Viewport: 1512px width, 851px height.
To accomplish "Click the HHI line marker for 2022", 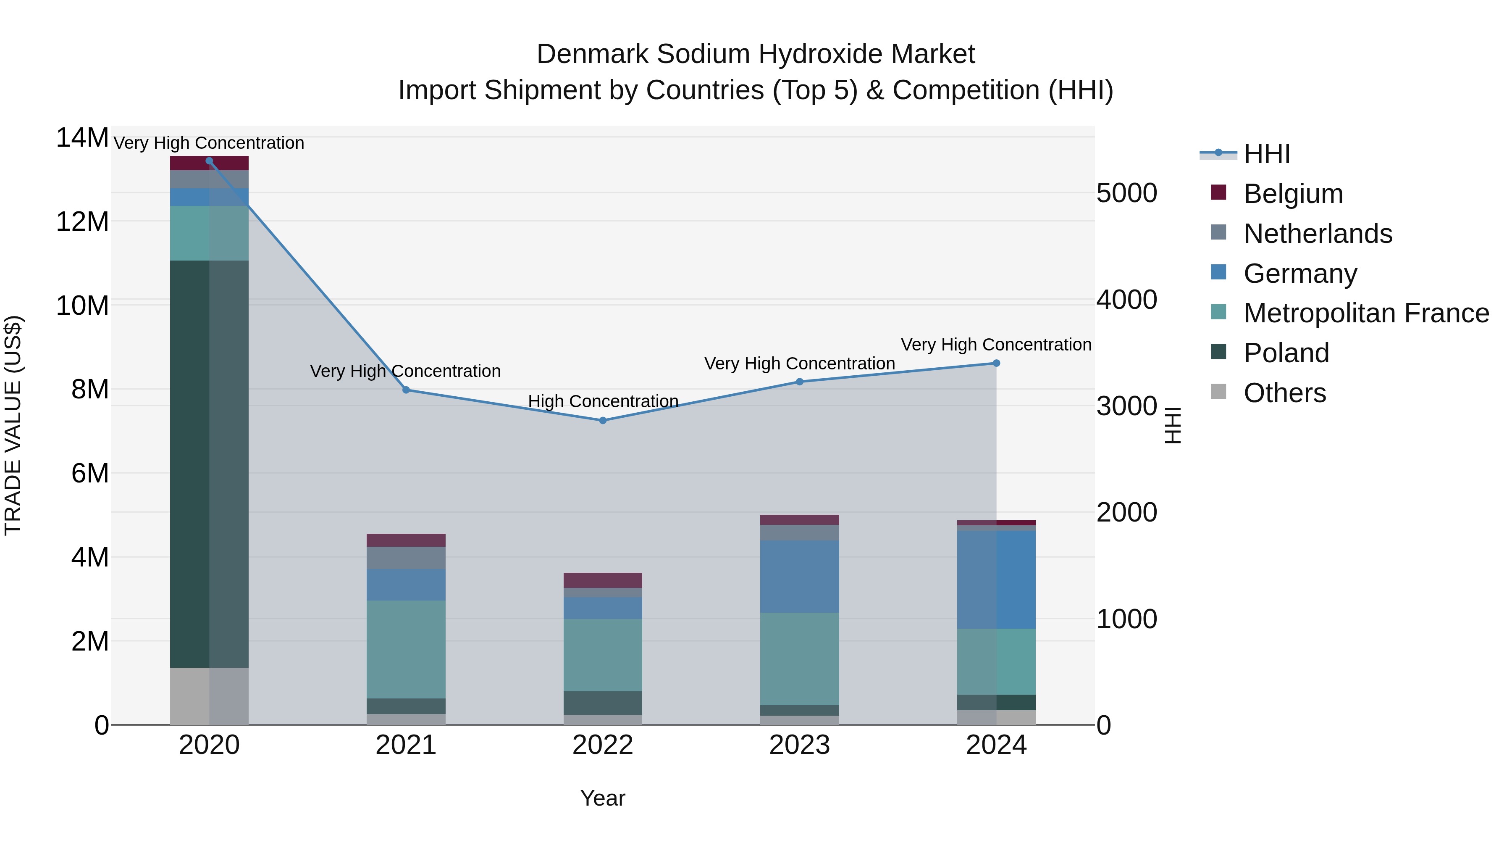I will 602,421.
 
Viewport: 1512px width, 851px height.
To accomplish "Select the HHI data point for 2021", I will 406,390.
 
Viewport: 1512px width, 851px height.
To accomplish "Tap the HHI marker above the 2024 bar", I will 996,363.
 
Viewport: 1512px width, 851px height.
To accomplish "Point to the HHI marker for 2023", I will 799,382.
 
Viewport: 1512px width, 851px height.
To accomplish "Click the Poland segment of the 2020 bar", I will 209,464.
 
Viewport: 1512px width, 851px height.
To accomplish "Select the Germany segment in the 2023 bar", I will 799,576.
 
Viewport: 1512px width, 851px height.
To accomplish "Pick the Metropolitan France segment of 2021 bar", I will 406,649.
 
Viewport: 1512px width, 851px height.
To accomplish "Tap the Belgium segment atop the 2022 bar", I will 602,580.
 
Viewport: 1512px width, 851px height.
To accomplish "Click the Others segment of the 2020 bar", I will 209,696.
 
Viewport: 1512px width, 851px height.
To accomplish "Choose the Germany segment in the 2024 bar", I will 996,580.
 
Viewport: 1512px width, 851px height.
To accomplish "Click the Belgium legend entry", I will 1293,194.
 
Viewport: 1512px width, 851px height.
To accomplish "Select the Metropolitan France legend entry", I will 1366,313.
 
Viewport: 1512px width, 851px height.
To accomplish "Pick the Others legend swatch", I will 1218,392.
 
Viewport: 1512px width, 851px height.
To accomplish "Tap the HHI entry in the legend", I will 1267,154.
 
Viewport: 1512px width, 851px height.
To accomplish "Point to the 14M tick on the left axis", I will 82,138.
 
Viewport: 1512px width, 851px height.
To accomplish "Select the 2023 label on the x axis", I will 799,745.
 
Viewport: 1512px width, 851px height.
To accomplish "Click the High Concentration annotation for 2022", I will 603,401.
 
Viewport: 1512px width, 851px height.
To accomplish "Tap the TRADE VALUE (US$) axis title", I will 13,425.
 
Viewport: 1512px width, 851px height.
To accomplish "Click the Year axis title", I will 603,798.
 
